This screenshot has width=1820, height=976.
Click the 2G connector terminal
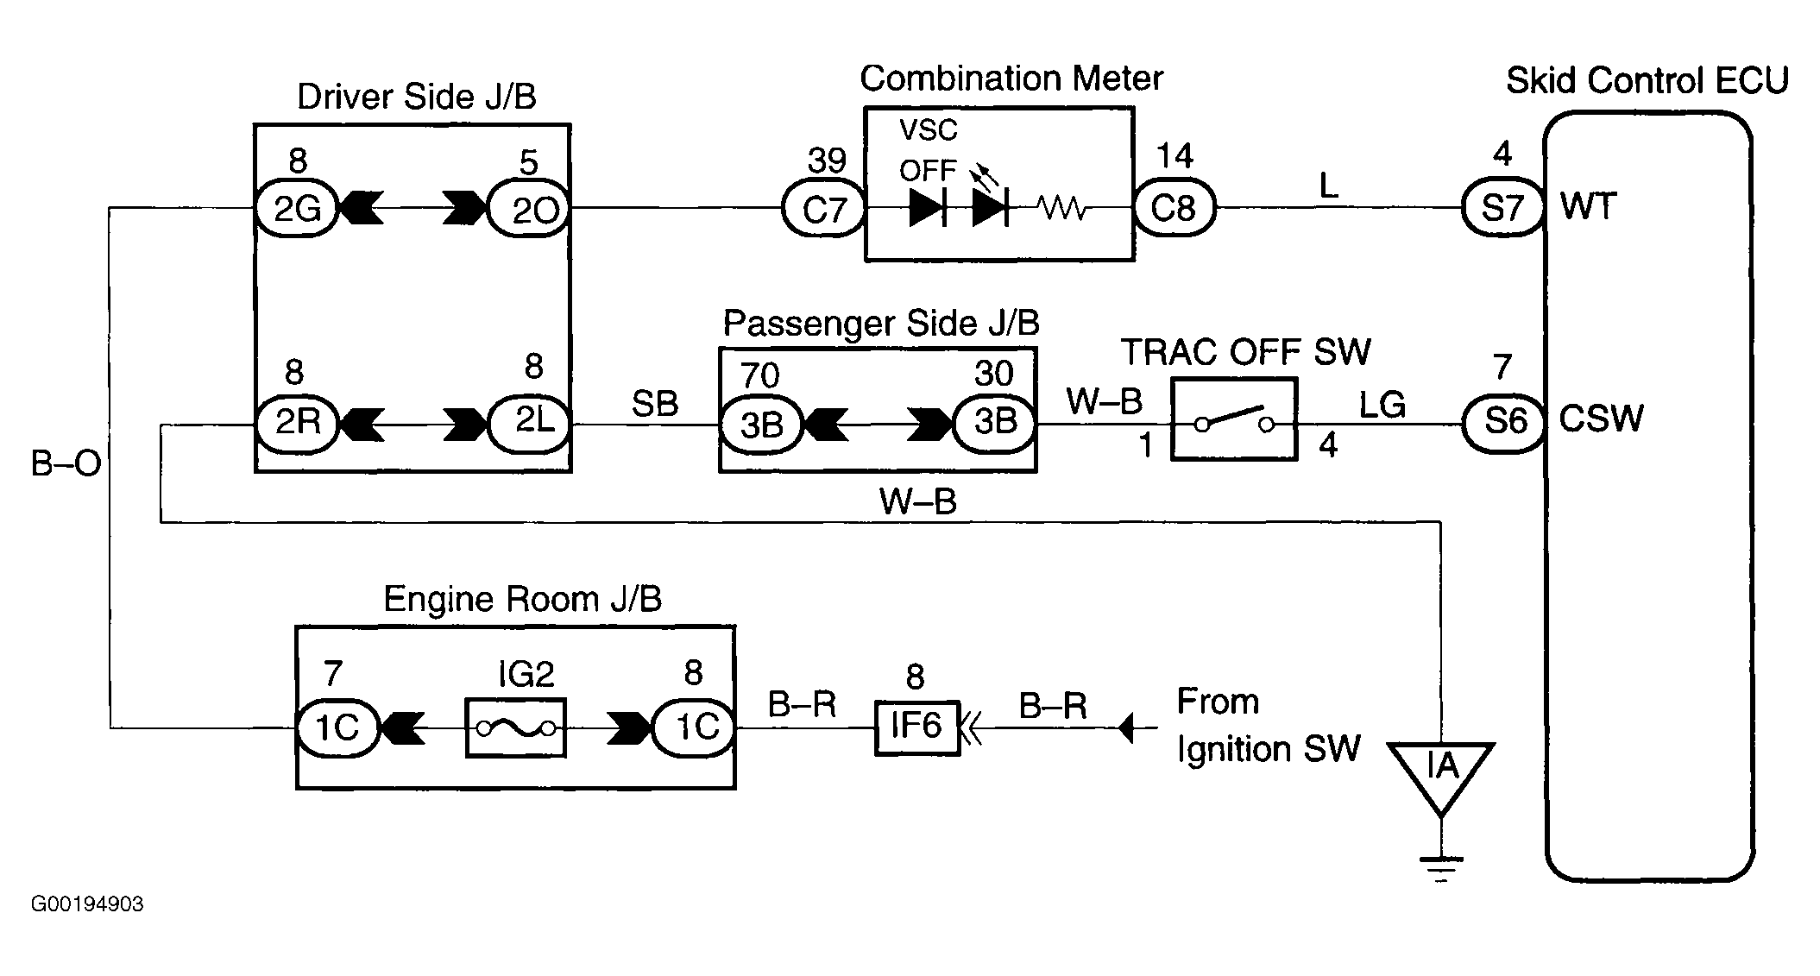pyautogui.click(x=296, y=208)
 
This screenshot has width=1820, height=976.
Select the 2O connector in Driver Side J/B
pyautogui.click(x=528, y=208)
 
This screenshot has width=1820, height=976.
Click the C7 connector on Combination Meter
pyautogui.click(x=823, y=209)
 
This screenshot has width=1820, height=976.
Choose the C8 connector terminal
pyautogui.click(x=1174, y=208)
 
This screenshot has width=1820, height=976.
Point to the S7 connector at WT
pyautogui.click(x=1503, y=208)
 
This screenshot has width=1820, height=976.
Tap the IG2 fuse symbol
pyautogui.click(x=516, y=727)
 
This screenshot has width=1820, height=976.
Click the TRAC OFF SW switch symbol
pyautogui.click(x=1233, y=419)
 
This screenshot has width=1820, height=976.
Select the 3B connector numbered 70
pyautogui.click(x=761, y=424)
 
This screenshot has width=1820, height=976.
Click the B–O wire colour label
pyautogui.click(x=66, y=464)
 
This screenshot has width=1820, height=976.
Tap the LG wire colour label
pyautogui.click(x=1382, y=405)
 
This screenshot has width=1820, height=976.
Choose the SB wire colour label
pyautogui.click(x=655, y=404)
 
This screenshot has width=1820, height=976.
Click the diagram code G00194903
pyautogui.click(x=87, y=904)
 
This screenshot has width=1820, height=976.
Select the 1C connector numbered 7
pyautogui.click(x=337, y=727)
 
